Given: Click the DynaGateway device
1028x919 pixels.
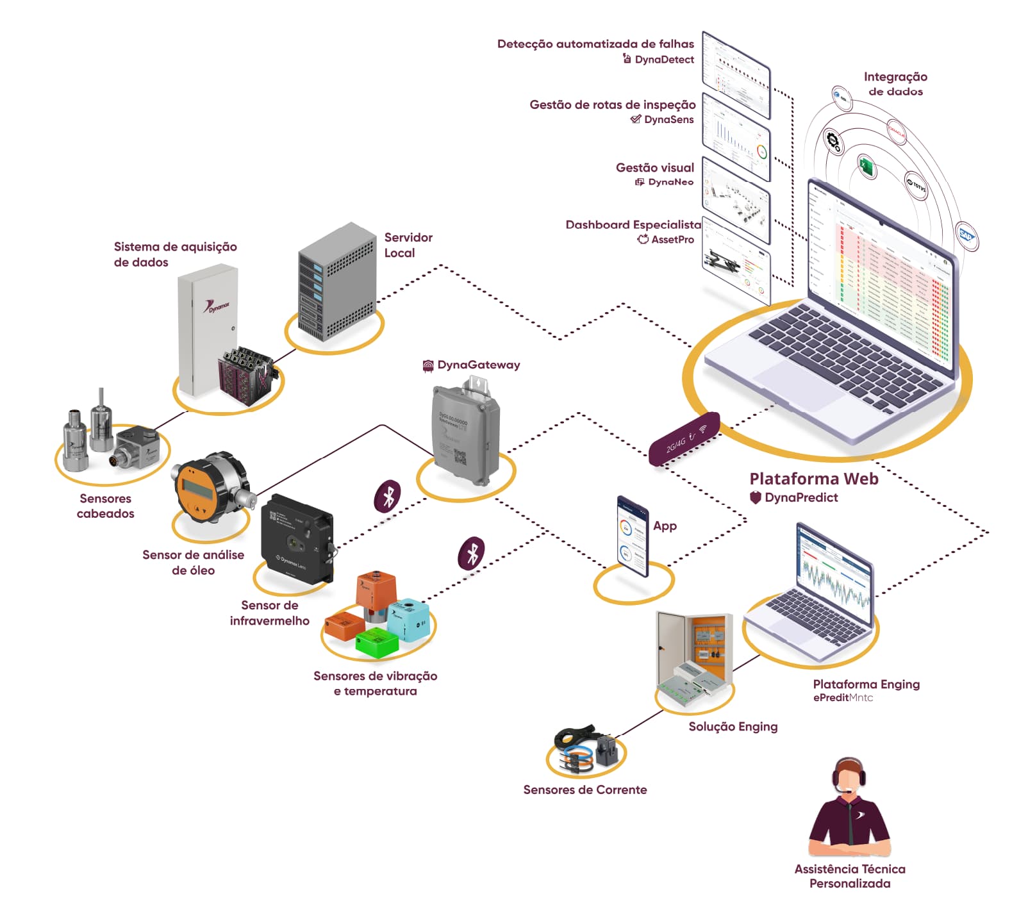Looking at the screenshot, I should click(465, 432).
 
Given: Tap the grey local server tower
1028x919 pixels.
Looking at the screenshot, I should click(336, 283).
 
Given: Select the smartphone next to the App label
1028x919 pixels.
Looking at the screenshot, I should click(633, 536).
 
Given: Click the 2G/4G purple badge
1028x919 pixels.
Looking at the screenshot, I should click(684, 439).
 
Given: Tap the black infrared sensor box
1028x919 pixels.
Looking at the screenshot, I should click(296, 539).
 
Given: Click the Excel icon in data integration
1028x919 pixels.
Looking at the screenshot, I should click(866, 167).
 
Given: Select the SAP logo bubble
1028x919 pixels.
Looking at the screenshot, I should click(966, 236).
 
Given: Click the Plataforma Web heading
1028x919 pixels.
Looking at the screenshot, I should click(813, 479).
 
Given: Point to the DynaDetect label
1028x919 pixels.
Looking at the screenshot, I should click(664, 60).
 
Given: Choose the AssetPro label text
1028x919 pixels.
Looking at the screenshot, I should click(672, 240).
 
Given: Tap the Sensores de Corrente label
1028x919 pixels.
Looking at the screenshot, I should click(584, 790).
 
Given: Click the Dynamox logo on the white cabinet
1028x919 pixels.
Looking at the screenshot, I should click(218, 307).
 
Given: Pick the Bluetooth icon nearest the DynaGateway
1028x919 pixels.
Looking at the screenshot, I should click(388, 495).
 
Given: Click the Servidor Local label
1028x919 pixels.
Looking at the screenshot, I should click(408, 245).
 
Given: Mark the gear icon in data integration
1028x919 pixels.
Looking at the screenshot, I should click(833, 141).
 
